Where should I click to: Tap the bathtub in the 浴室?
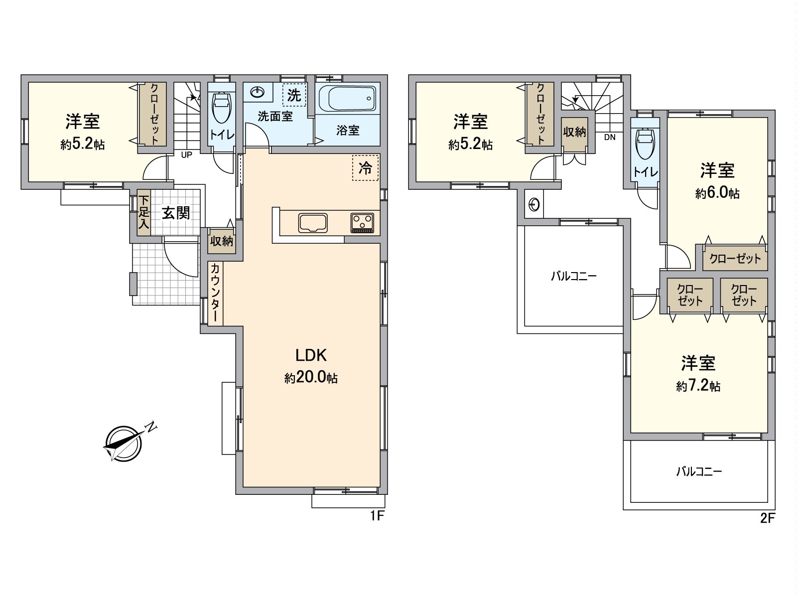pos(348,99)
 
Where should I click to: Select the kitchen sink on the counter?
pos(313,223)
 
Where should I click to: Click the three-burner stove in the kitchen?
pos(362,223)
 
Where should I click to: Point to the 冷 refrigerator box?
pos(365,168)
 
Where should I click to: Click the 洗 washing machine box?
pos(294,95)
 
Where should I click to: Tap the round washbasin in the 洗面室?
pos(258,92)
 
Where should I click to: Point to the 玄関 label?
pos(176,213)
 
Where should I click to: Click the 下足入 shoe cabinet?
pos(144,212)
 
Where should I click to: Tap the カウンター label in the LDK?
pos(215,293)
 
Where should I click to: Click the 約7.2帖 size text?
pos(698,386)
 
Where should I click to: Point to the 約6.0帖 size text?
pos(717,193)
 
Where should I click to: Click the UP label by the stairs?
pos(186,155)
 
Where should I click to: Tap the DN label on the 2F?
pos(610,137)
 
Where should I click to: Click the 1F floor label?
pos(377,516)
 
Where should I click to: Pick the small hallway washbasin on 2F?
pos(534,205)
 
